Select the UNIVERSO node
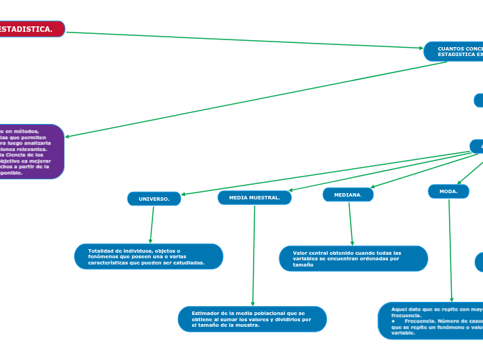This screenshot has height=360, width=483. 154,199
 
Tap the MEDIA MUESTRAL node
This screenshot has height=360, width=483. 254,198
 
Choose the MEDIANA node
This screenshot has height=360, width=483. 348,195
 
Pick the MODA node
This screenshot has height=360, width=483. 448,191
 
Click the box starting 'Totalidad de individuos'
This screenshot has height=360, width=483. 148,256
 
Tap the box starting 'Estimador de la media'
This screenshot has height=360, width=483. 252,319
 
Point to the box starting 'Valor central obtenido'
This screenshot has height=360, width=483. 353,258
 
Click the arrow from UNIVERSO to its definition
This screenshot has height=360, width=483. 151,224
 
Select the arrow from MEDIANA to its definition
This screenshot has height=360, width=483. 351,223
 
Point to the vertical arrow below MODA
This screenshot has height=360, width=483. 450,249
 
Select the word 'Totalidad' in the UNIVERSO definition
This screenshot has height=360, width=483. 101,251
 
